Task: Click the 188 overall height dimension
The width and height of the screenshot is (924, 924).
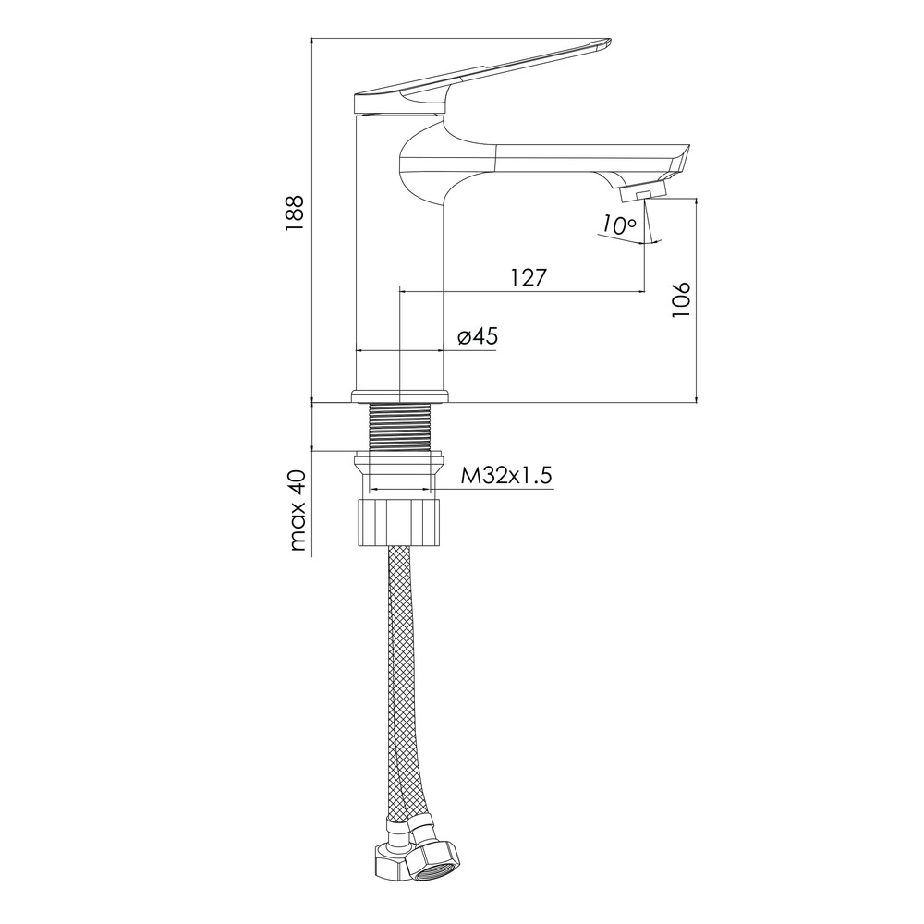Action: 294,213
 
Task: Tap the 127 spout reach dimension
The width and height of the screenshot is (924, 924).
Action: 529,277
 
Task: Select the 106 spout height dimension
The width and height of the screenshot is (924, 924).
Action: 681,300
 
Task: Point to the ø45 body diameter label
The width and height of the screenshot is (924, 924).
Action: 478,336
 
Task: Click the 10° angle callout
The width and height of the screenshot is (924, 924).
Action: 619,225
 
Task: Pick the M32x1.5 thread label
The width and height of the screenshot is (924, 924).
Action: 506,476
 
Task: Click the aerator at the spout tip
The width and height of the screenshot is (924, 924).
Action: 642,191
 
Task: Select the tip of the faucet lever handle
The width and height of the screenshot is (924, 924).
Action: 608,43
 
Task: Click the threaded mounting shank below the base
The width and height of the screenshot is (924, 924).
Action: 399,427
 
